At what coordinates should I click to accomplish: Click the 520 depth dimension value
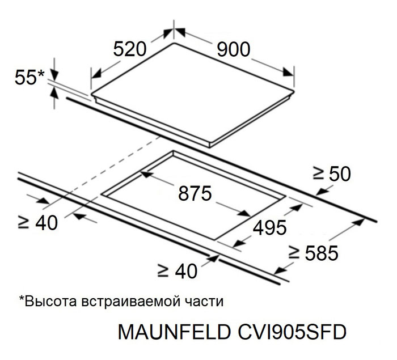pos(130,49)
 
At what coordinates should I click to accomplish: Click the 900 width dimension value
pos(234,49)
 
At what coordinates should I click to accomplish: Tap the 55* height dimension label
pos(29,77)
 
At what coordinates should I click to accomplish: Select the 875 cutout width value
pos(195,193)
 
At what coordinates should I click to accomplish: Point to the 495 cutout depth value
pos(270,227)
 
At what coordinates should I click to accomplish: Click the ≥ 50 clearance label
pos(332,173)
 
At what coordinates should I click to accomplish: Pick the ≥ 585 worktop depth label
pos(314,253)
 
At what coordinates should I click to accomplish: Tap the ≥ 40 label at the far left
pos(38,223)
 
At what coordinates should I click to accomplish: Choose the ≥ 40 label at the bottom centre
pos(178,271)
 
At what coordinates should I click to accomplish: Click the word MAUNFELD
pos(174,332)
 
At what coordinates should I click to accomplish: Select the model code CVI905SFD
pos(292,332)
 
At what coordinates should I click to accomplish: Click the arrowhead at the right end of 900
pos(288,72)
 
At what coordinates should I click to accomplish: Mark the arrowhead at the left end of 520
pos(96,74)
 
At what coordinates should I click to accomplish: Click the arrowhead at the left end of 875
pos(146,174)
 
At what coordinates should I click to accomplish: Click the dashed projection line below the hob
pos(102,173)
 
